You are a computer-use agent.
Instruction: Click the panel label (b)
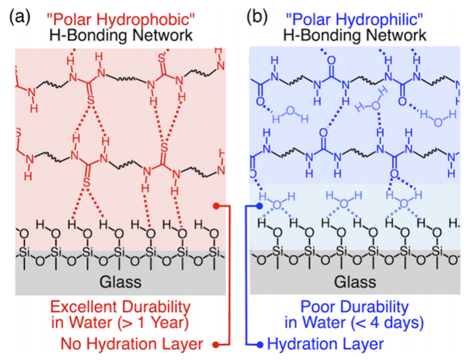click(x=258, y=15)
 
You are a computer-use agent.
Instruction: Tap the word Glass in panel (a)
click(x=120, y=279)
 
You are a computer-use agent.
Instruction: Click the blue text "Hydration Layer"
click(x=325, y=345)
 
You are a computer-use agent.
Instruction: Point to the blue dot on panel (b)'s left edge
click(x=260, y=207)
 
